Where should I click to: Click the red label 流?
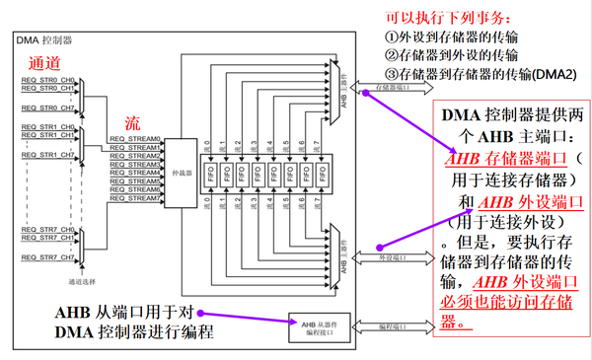pyautogui.click(x=131, y=121)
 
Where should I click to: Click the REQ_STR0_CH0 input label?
pyautogui.click(x=48, y=80)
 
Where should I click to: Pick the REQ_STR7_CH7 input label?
pyautogui.click(x=48, y=258)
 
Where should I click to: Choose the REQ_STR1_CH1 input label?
pyautogui.click(x=48, y=136)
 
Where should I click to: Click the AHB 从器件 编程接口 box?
pyautogui.click(x=315, y=326)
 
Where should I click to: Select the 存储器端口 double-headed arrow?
pyautogui.click(x=395, y=86)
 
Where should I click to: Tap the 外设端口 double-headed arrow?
pyautogui.click(x=395, y=258)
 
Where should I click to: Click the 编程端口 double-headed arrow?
pyautogui.click(x=395, y=325)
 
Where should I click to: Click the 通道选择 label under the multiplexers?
pyautogui.click(x=83, y=279)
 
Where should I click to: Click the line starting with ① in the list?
pyautogui.click(x=449, y=37)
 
